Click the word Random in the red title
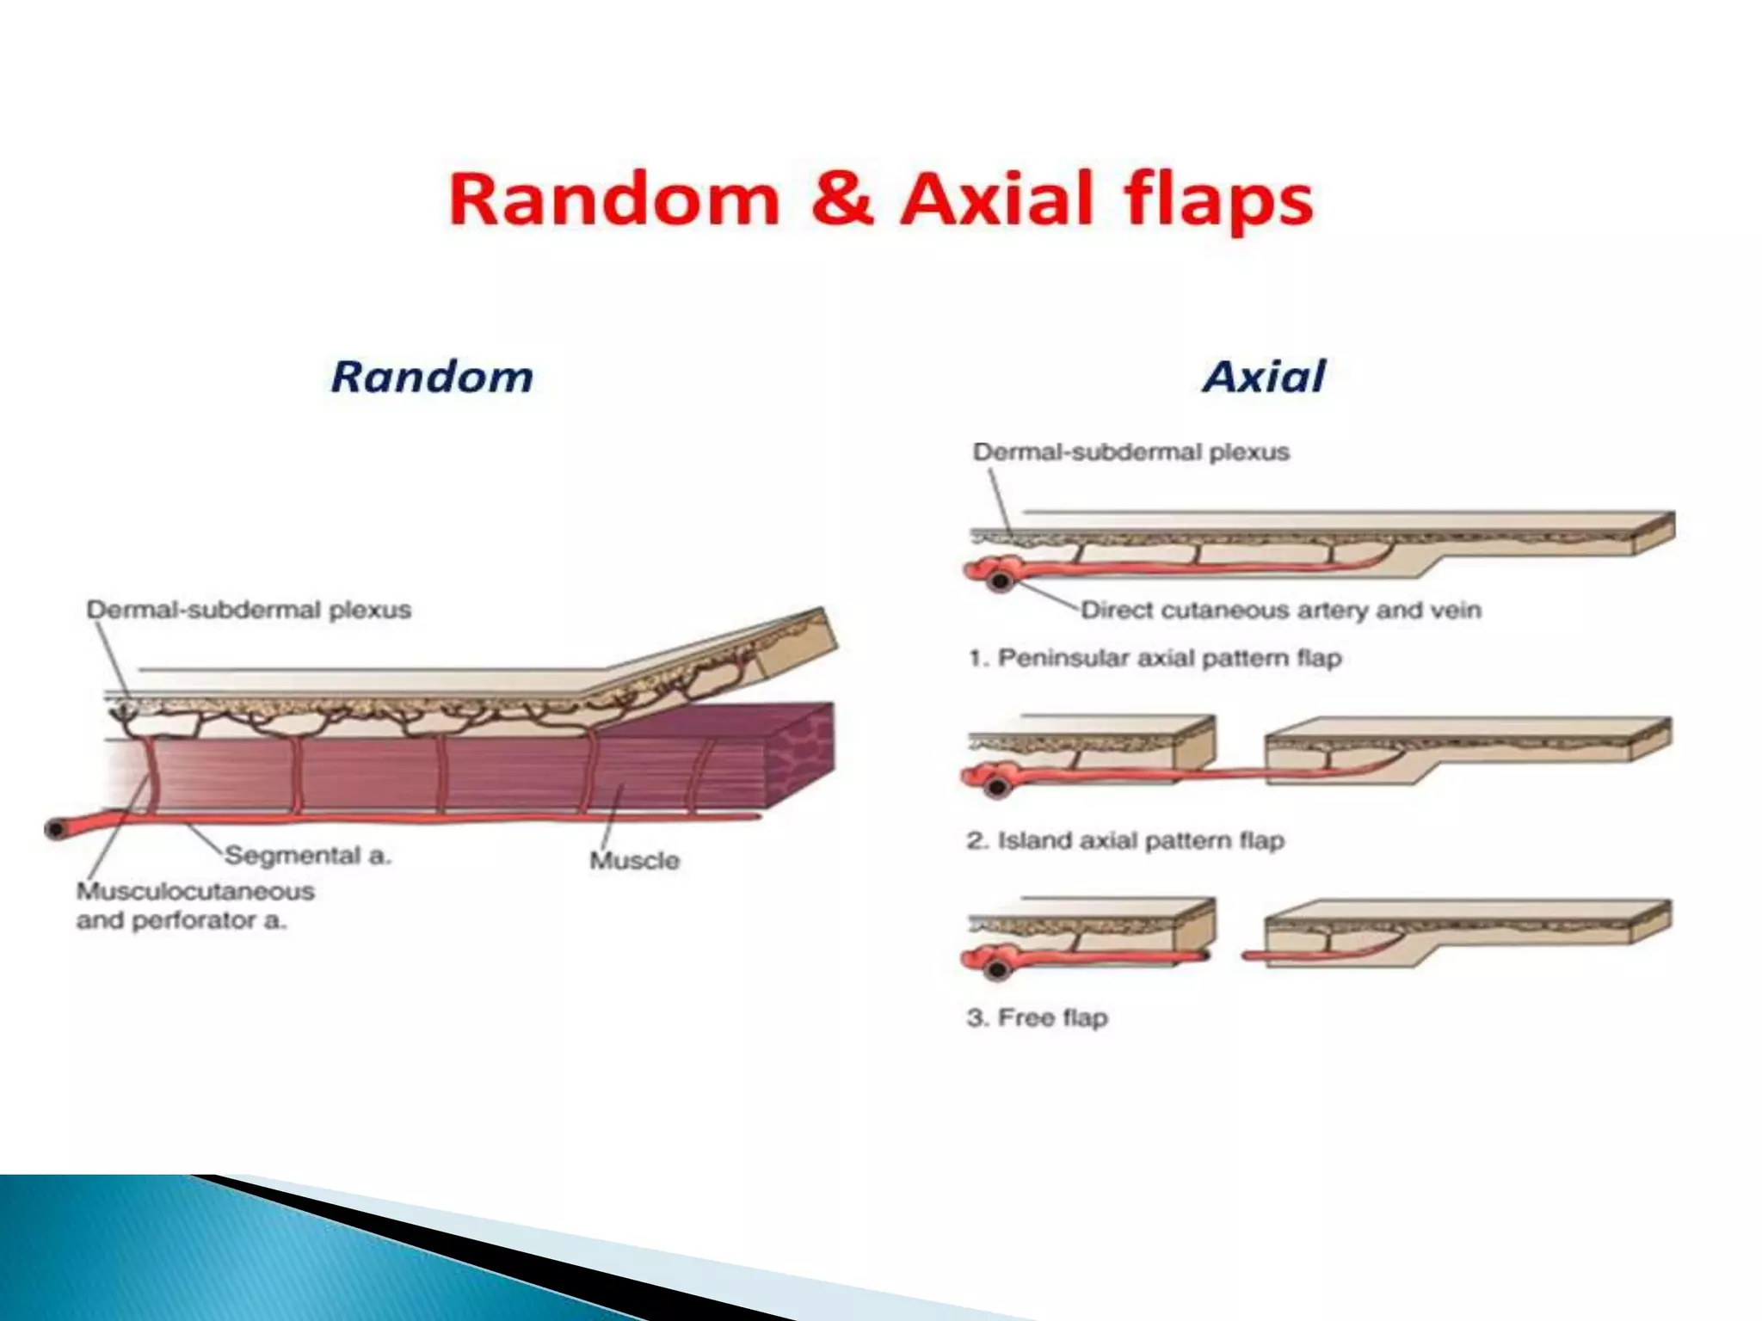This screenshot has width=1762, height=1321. coord(613,200)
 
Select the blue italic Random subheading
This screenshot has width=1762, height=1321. coord(432,377)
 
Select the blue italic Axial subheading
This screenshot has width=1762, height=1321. coord(1264,377)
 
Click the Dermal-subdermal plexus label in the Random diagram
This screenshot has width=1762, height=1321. coord(249,610)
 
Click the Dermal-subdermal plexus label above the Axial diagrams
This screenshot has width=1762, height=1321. coord(1131,452)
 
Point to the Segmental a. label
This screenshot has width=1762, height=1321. coord(307,856)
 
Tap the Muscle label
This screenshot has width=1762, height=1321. coord(634,860)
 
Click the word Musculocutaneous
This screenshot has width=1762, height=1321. coord(195,891)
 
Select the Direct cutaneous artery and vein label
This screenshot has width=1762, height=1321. coord(1280,611)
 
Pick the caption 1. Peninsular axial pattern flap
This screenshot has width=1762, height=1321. coord(1155,659)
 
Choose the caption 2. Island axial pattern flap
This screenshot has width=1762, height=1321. coord(1125,840)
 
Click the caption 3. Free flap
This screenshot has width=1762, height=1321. coord(1037,1018)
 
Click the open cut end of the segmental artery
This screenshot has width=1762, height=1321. coord(56,829)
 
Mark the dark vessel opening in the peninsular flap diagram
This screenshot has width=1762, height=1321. coord(1000,581)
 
